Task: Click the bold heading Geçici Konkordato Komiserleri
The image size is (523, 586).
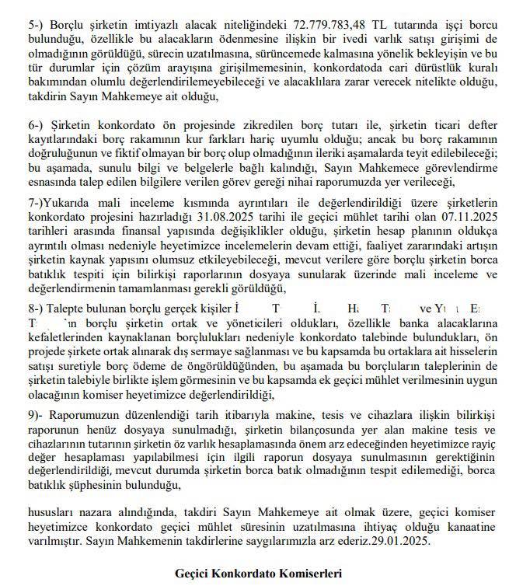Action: pos(260,573)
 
